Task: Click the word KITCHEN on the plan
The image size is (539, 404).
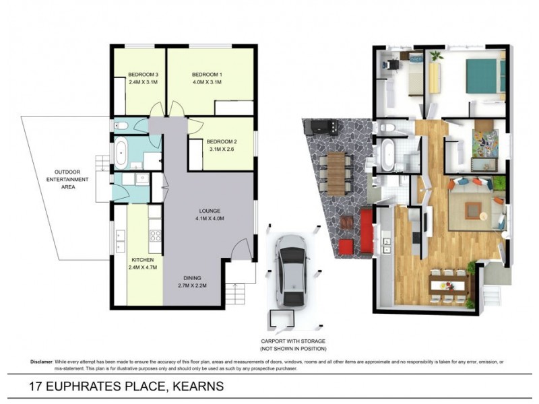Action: coord(142,259)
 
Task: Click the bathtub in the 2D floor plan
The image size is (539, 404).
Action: coord(122,154)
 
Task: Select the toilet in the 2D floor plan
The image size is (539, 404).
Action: coord(119,126)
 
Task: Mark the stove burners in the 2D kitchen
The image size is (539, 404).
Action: coord(154,235)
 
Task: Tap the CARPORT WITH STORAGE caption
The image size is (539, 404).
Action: coord(294,341)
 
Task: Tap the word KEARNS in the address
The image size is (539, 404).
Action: coord(198,387)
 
